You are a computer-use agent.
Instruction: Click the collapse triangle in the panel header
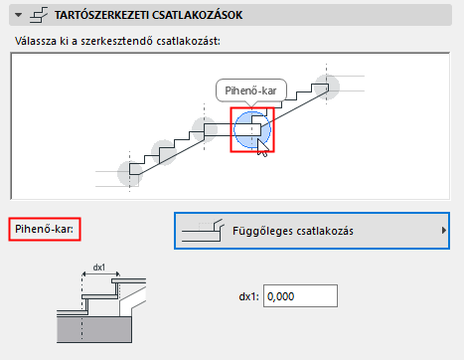[x=13, y=15]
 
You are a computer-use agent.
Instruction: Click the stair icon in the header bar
[x=38, y=15]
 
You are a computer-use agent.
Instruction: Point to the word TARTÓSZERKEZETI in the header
[x=107, y=16]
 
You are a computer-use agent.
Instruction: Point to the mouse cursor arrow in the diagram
[x=261, y=146]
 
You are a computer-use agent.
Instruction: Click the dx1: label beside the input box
[x=248, y=296]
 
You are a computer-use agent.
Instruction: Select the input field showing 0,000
[x=301, y=296]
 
